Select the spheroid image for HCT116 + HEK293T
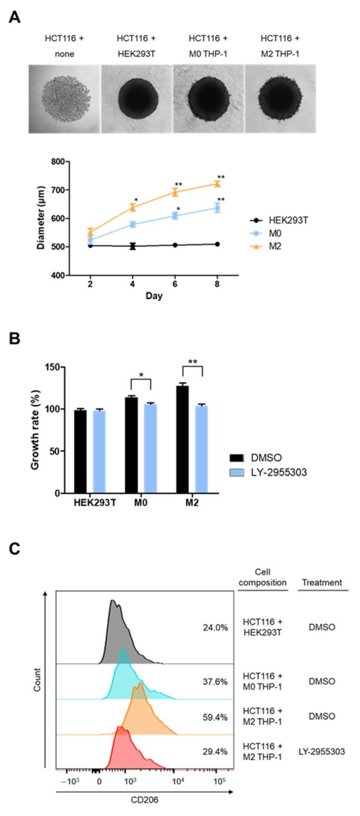point(137,99)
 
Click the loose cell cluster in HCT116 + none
point(64,99)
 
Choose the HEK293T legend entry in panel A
point(278,220)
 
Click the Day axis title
point(154,296)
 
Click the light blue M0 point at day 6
point(174,216)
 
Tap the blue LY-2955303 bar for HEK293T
point(99,451)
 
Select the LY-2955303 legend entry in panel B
point(268,472)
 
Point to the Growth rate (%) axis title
point(35,430)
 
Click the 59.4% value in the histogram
point(215,716)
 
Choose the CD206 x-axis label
point(144,800)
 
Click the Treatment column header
point(322,582)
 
